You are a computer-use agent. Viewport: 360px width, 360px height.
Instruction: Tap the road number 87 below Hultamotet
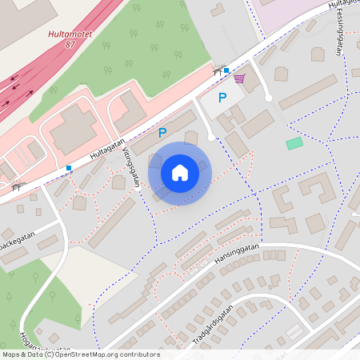tap(70, 46)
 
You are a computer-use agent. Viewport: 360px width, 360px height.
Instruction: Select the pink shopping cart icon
tap(239, 78)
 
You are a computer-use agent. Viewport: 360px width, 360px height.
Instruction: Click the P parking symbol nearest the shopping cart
tap(222, 98)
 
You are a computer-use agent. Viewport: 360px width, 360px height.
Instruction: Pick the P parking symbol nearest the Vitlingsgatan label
tap(162, 132)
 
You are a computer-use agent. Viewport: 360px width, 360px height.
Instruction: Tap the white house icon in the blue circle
tap(180, 173)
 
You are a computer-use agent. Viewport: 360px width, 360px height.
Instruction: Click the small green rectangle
tap(295, 143)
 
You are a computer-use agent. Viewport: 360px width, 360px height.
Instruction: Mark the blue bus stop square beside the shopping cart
tap(226, 70)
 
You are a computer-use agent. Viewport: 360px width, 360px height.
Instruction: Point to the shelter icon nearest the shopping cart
tap(217, 71)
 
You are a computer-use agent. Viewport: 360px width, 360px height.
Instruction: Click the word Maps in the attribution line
tap(11, 354)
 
